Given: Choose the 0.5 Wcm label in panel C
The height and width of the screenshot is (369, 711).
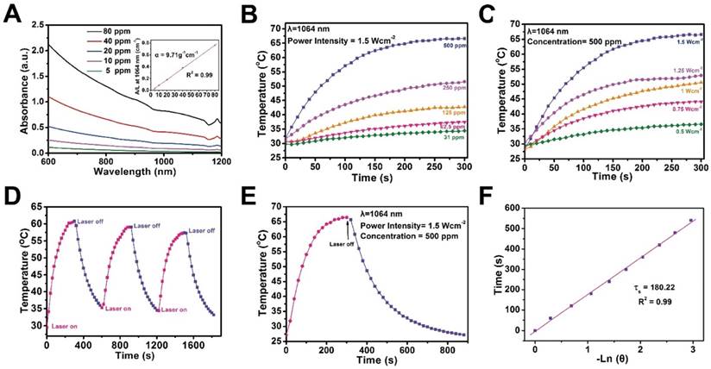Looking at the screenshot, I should point(688,132).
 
